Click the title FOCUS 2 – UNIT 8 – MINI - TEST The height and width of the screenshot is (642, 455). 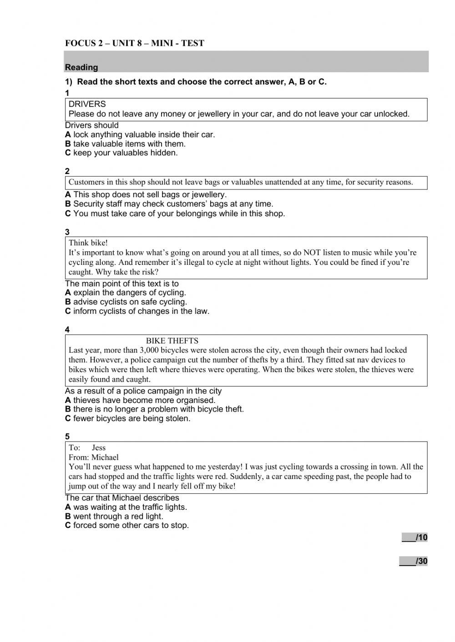pos(135,44)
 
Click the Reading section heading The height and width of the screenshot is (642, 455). pos(81,67)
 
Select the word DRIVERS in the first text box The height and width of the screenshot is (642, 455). pos(87,104)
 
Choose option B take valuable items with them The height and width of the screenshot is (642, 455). pos(125,144)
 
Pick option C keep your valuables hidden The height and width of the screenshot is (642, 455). pos(121,153)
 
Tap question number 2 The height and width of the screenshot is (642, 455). pos(67,171)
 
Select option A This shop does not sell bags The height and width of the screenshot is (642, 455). pos(146,194)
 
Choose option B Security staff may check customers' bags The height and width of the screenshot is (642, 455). pos(169,204)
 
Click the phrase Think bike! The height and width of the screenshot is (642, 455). pos(88,243)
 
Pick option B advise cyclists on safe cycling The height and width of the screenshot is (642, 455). pos(126,302)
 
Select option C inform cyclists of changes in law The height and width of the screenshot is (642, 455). pos(137,311)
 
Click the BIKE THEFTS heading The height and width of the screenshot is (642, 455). pos(172,341)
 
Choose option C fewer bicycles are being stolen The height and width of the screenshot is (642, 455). pos(127,418)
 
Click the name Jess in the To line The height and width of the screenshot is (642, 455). pos(99,448)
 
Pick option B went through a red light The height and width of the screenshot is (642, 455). pos(114,516)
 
